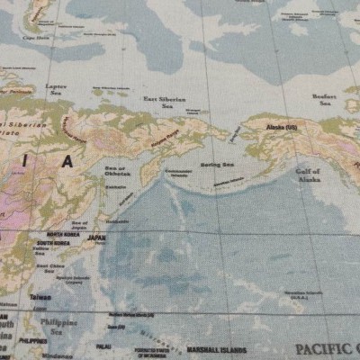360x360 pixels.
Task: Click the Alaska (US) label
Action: pos(282,129)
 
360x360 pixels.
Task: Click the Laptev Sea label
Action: pos(56,88)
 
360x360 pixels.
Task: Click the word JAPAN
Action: pos(95,238)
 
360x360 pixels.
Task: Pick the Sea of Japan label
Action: pos(80,225)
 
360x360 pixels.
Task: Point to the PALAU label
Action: pos(103,345)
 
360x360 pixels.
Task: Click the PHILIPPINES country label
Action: pos(32,342)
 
